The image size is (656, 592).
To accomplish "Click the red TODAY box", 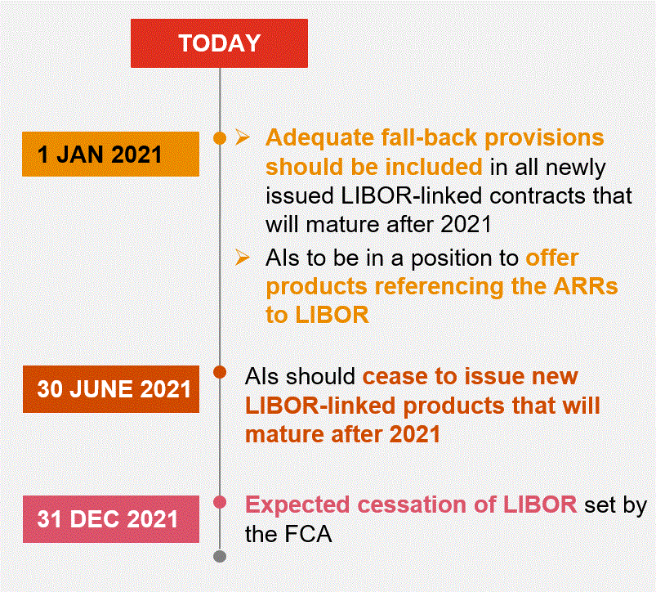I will tap(219, 43).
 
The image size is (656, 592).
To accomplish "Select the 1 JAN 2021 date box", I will tap(110, 154).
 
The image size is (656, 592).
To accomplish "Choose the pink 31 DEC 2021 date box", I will tap(110, 518).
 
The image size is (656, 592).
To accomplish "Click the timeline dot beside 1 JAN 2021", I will tap(219, 138).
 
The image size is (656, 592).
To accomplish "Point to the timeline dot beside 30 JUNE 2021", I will tap(219, 374).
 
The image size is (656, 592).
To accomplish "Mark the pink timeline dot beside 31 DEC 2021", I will tap(219, 501).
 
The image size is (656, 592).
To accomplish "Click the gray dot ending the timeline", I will tap(219, 557).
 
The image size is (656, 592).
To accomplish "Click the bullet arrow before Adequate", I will tap(242, 137).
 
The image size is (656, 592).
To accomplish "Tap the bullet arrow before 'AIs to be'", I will tap(242, 258).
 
